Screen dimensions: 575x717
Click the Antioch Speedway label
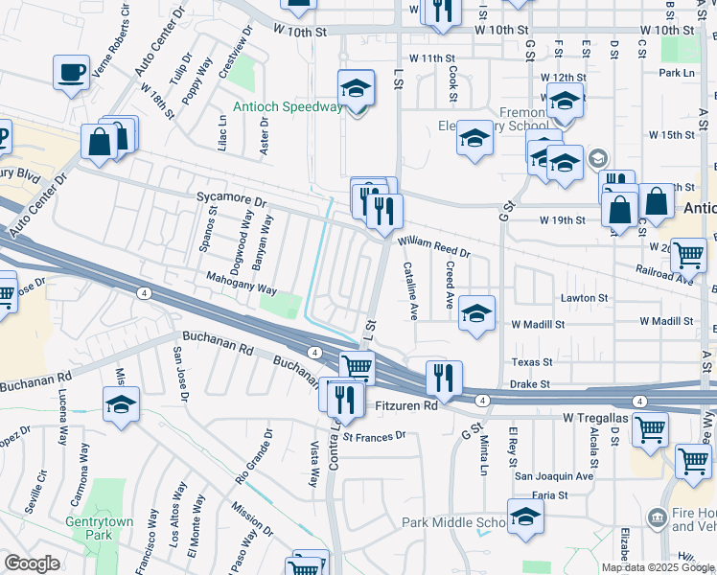pos(287,106)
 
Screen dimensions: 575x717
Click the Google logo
pos(32,563)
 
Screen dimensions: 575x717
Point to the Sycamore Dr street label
pos(229,200)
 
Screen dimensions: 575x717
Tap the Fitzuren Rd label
pos(405,406)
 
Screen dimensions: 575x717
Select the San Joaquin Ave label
pos(554,475)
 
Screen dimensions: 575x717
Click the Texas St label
pos(532,362)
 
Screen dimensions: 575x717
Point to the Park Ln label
pos(676,73)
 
